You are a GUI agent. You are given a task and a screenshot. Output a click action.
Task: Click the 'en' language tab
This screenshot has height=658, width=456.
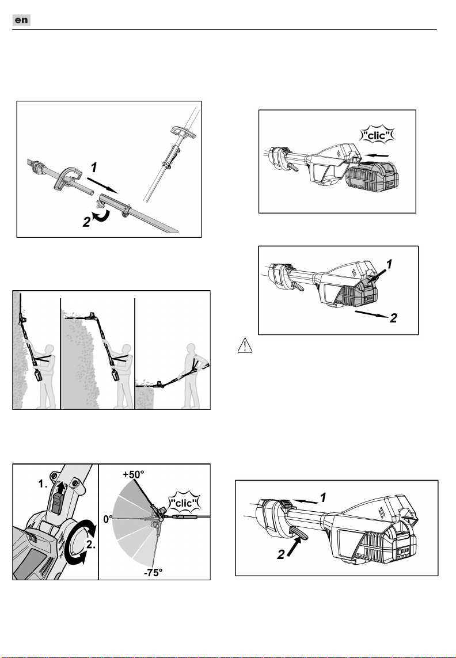coord(21,20)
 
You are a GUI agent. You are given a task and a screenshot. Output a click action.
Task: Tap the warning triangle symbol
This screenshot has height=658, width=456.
coord(245,346)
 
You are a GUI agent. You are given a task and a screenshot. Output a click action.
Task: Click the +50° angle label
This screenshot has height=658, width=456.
coord(134,474)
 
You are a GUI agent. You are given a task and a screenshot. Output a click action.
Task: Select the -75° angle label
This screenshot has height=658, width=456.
coord(153,572)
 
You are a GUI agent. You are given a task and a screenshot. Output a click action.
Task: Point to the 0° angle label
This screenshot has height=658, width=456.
coord(108,519)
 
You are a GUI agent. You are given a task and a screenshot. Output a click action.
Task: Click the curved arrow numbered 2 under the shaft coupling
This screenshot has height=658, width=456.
coord(102,215)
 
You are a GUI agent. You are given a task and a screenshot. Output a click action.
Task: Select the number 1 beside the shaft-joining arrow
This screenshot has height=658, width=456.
coord(94,168)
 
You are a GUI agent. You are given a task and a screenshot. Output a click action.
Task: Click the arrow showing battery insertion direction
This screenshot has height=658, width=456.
coord(376,155)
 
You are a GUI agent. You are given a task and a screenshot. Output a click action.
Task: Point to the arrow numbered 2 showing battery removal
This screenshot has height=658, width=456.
coord(371,314)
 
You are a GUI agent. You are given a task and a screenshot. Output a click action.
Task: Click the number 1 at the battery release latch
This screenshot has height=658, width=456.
coord(389,264)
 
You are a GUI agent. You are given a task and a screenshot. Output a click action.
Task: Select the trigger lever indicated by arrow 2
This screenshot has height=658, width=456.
coord(299,533)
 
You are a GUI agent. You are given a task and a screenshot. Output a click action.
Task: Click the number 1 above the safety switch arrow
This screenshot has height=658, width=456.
coord(323,498)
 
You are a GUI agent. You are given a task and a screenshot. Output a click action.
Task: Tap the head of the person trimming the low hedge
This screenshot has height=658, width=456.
coord(192,349)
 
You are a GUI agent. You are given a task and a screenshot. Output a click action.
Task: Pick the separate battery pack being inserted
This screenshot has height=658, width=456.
coord(372,177)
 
